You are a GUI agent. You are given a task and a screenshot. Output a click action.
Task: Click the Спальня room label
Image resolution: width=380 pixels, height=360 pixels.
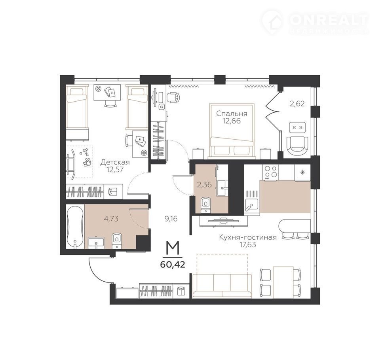pos(232,114)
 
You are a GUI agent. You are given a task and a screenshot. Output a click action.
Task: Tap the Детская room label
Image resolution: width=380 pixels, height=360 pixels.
pos(115,162)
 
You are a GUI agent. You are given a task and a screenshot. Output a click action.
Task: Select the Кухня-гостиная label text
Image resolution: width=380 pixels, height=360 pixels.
pos(248,237)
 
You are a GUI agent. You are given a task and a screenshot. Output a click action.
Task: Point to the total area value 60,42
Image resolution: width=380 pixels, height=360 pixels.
pos(173,264)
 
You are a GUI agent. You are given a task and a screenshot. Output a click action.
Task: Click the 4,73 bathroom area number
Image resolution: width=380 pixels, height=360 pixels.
pos(111,219)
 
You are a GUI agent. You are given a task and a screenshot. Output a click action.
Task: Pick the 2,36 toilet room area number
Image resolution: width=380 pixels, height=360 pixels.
pos(204,185)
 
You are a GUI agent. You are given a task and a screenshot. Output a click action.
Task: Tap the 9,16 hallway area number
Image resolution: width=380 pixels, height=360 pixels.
pos(171,219)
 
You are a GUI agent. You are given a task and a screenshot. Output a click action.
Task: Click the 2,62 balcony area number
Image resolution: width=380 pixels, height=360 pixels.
pos(297,104)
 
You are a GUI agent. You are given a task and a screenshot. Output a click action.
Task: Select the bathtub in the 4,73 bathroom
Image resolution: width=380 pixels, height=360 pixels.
pos(75,227)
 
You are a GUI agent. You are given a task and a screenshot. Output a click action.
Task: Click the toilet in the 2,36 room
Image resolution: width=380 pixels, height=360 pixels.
pos(206,205)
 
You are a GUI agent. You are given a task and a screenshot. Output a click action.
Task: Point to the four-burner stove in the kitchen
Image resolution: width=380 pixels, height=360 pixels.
pos(271,172)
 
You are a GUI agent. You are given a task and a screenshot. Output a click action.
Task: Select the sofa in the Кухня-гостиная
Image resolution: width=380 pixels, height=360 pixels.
pos(222,285)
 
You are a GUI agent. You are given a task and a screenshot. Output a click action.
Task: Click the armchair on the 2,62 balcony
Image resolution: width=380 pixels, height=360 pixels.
pos(297,146)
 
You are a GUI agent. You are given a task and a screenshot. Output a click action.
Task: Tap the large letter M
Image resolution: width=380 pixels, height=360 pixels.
pos(173,248)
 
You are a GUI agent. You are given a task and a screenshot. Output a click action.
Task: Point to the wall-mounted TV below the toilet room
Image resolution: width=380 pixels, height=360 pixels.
pos(223,221)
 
